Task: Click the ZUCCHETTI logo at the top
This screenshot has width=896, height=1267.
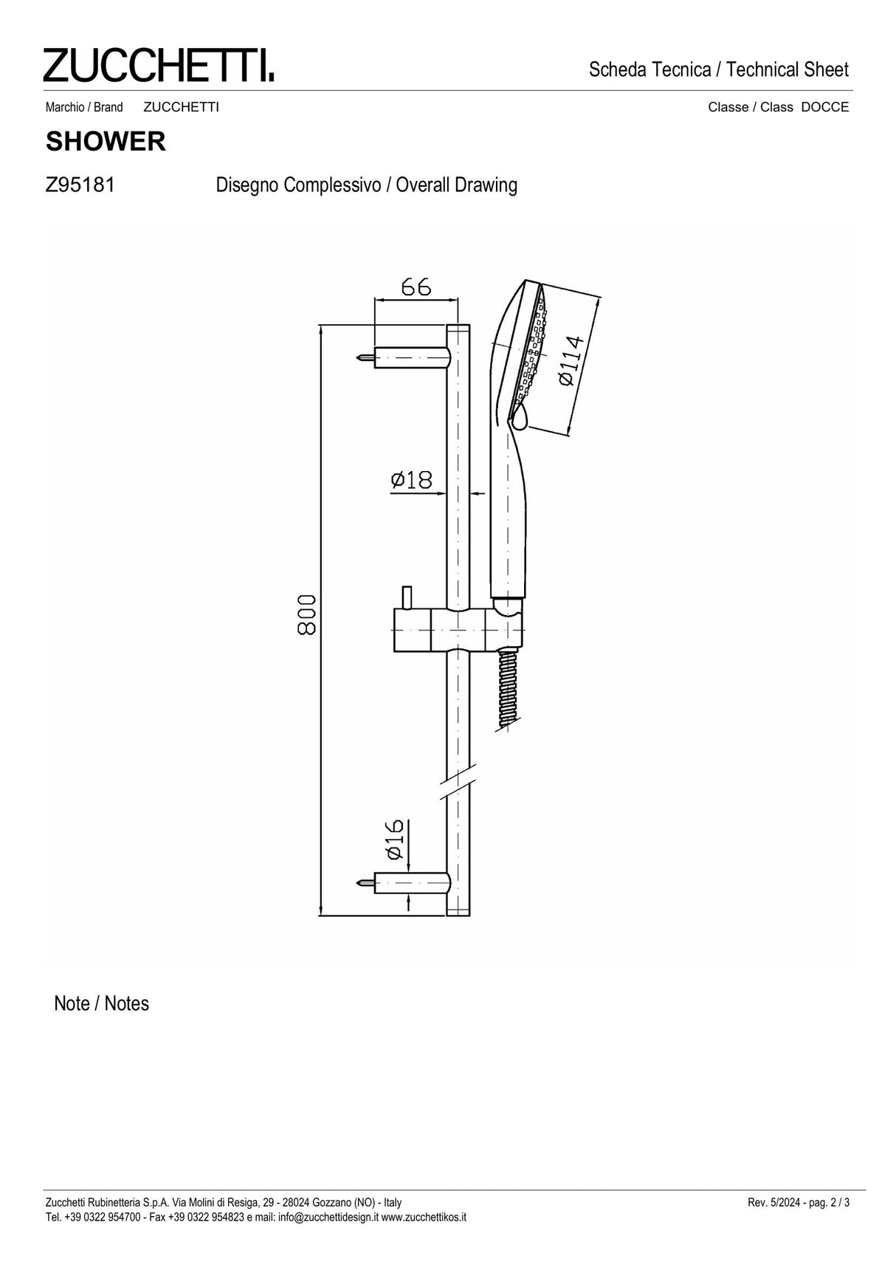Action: tap(158, 65)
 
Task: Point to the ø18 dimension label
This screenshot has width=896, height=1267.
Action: tap(411, 480)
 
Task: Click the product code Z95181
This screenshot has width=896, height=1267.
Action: tap(80, 185)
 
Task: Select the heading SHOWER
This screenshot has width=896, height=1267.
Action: tap(106, 142)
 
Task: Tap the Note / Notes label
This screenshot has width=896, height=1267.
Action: tap(102, 1003)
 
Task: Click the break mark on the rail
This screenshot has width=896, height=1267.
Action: tap(458, 784)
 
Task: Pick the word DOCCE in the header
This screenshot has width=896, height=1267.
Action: tap(824, 107)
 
